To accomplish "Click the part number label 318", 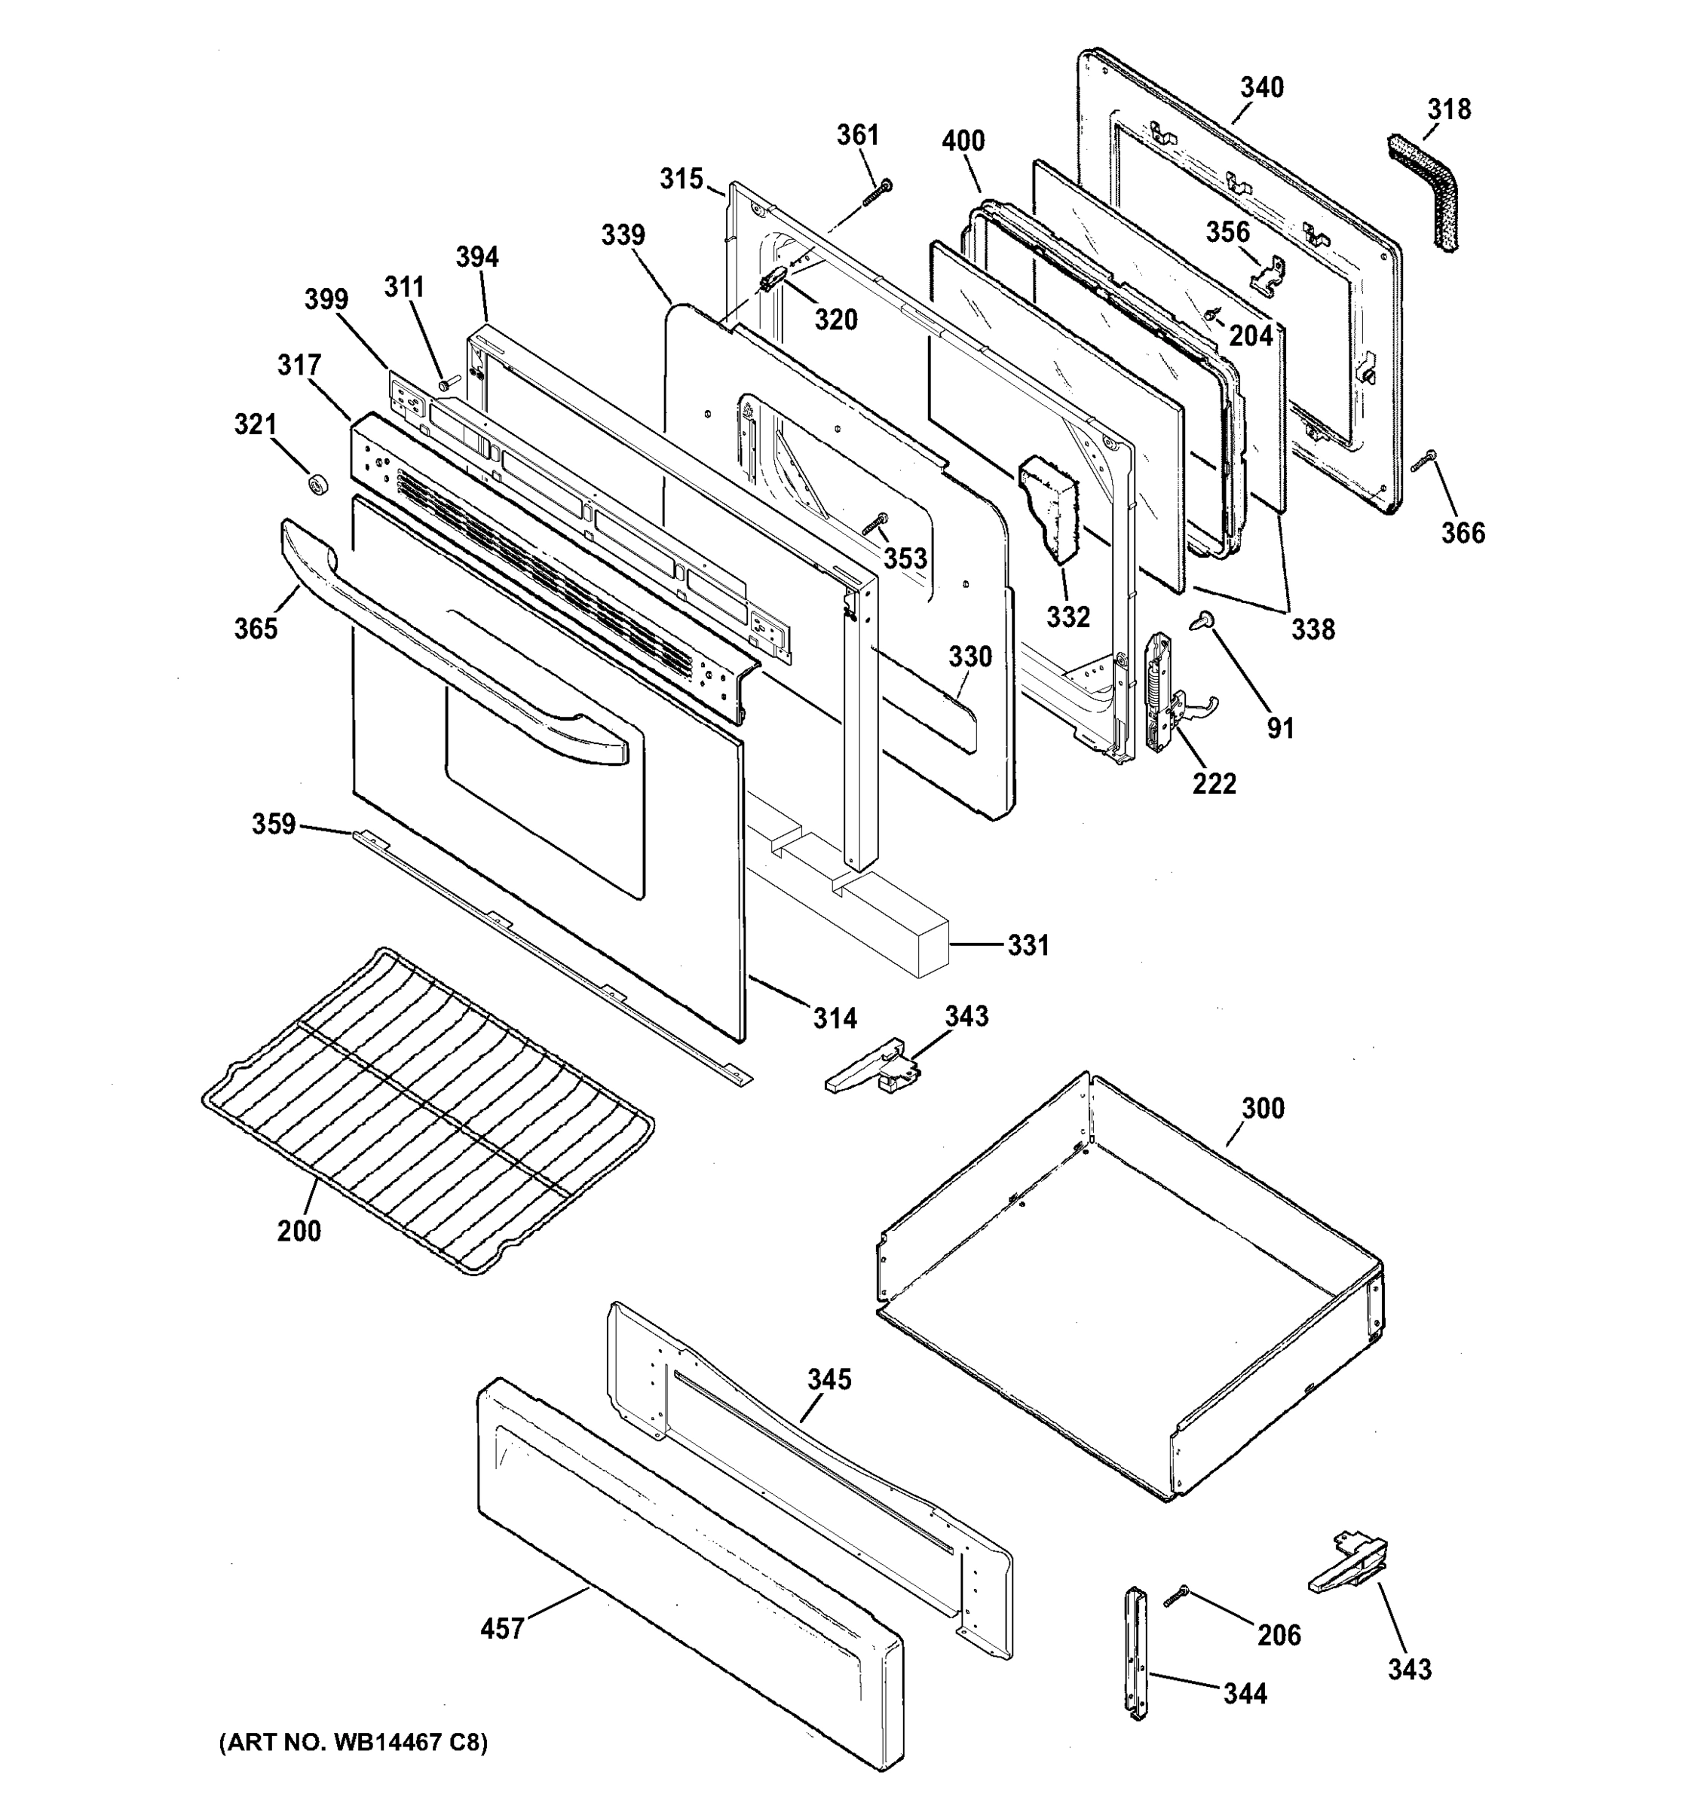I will pyautogui.click(x=1449, y=110).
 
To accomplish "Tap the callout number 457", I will pyautogui.click(x=502, y=1628).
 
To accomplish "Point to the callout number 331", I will pyautogui.click(x=1028, y=945).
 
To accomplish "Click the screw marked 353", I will pyautogui.click(x=877, y=523).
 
